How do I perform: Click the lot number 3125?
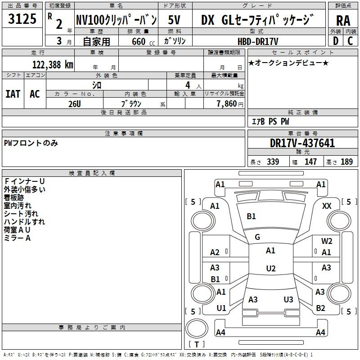coord(22,19)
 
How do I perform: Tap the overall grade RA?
coord(343,21)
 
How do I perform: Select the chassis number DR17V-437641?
coord(302,143)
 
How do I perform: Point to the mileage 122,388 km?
coord(53,64)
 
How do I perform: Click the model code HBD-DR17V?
coord(258,41)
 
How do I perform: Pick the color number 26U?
coord(75,104)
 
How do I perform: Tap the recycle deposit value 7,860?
coord(227,104)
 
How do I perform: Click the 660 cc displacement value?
coord(143,41)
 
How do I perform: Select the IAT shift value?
coord(13,94)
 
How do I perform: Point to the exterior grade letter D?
coord(336,41)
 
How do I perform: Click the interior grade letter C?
coord(350,41)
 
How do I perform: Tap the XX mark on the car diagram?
coord(327,206)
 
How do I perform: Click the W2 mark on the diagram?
coord(327,241)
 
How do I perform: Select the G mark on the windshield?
coord(257,237)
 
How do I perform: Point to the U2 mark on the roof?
coord(271,268)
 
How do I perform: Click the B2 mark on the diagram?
coord(320,308)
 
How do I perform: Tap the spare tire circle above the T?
coord(197,328)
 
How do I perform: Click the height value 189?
coord(346,162)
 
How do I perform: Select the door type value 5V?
coord(174,20)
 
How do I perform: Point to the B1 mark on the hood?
coord(251,216)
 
